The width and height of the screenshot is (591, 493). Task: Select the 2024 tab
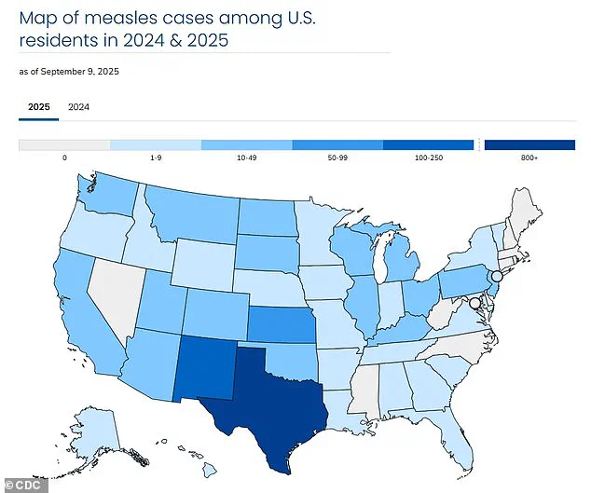(79, 107)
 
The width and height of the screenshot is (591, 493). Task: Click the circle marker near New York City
(497, 277)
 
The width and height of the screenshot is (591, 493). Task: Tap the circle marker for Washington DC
(474, 303)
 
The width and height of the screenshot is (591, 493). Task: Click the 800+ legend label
(529, 159)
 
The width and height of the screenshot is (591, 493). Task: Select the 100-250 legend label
(428, 159)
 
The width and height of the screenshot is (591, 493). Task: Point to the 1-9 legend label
(155, 159)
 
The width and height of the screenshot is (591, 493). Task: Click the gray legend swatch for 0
(64, 144)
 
